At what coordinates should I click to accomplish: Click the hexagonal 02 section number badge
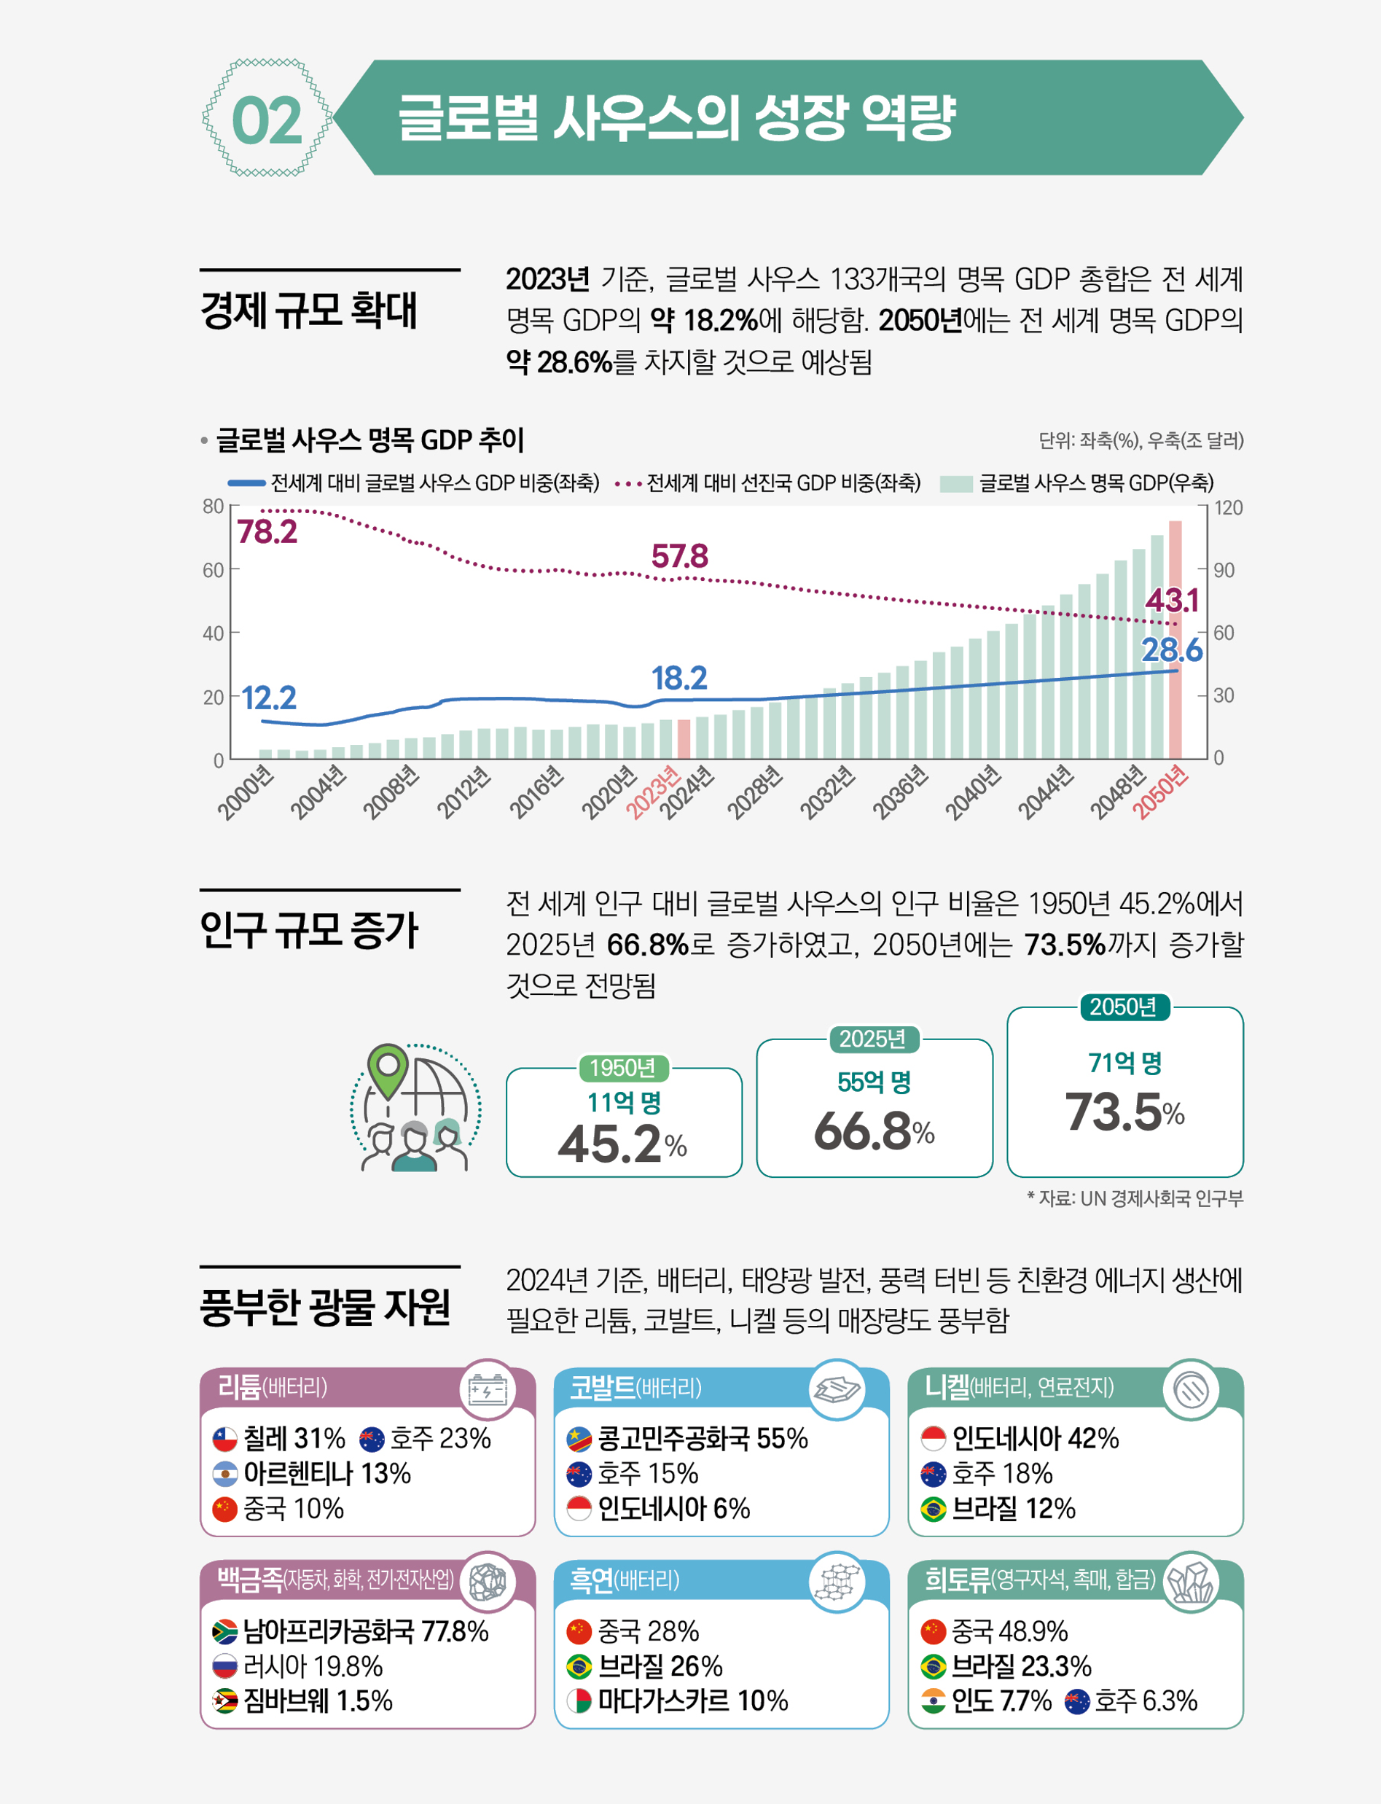[x=267, y=118]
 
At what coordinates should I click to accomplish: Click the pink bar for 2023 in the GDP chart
[x=683, y=738]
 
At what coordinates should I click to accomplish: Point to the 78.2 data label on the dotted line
[x=267, y=532]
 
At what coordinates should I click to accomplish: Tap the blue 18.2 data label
[x=679, y=678]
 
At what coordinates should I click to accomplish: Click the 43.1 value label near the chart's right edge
[x=1171, y=600]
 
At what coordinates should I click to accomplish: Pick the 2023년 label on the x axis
[x=653, y=792]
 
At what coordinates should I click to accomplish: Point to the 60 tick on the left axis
[x=213, y=570]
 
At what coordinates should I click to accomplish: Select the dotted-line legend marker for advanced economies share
[x=628, y=483]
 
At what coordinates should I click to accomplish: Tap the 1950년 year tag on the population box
[x=622, y=1067]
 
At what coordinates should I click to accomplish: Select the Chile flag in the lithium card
[x=224, y=1439]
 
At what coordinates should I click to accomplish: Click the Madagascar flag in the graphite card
[x=579, y=1700]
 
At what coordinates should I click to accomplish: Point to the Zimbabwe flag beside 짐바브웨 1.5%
[x=224, y=1700]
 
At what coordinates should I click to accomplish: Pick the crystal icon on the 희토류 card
[x=1191, y=1581]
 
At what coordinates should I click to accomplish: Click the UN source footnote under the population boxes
[x=1135, y=1198]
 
